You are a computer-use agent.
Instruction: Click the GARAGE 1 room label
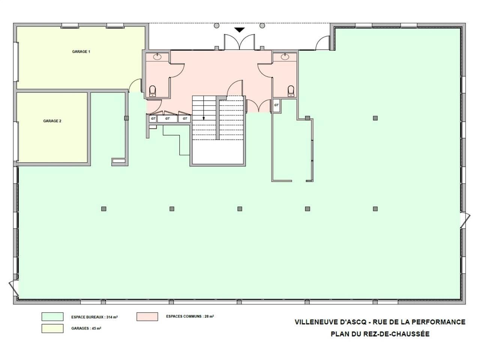coord(81,52)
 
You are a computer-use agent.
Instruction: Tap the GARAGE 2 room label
coord(52,121)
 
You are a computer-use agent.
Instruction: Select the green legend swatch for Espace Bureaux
coord(52,317)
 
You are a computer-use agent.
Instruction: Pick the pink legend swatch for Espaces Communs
coord(147,316)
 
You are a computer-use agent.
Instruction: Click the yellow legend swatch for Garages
coord(52,328)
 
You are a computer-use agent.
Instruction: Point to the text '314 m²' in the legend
coord(112,317)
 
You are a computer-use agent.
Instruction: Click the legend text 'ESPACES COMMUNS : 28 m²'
coord(190,316)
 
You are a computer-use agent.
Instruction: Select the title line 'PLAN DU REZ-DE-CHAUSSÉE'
coord(380,334)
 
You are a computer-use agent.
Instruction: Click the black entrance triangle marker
coord(239,30)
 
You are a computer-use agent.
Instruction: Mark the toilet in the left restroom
coord(152,91)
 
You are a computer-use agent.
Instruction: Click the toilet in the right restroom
coord(291,91)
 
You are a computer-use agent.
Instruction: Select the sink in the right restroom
coord(285,57)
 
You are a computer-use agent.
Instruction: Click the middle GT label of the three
coord(167,118)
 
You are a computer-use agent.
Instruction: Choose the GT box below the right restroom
coord(276,105)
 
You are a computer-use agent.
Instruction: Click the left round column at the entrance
coord(216,25)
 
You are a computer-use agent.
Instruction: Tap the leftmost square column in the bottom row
coord(104,209)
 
